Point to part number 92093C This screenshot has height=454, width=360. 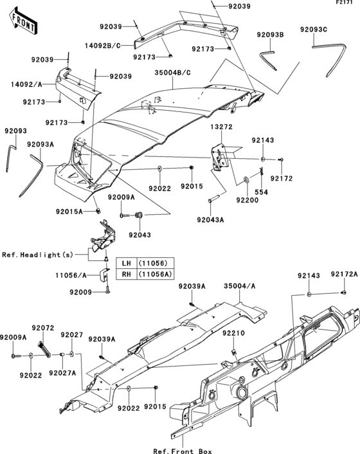(x=314, y=29)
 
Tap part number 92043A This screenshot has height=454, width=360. (x=210, y=220)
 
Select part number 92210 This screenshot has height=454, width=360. (x=234, y=333)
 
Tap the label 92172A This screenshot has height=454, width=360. (x=344, y=274)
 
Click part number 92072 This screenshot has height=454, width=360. (x=43, y=328)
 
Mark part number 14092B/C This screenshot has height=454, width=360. (x=103, y=45)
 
